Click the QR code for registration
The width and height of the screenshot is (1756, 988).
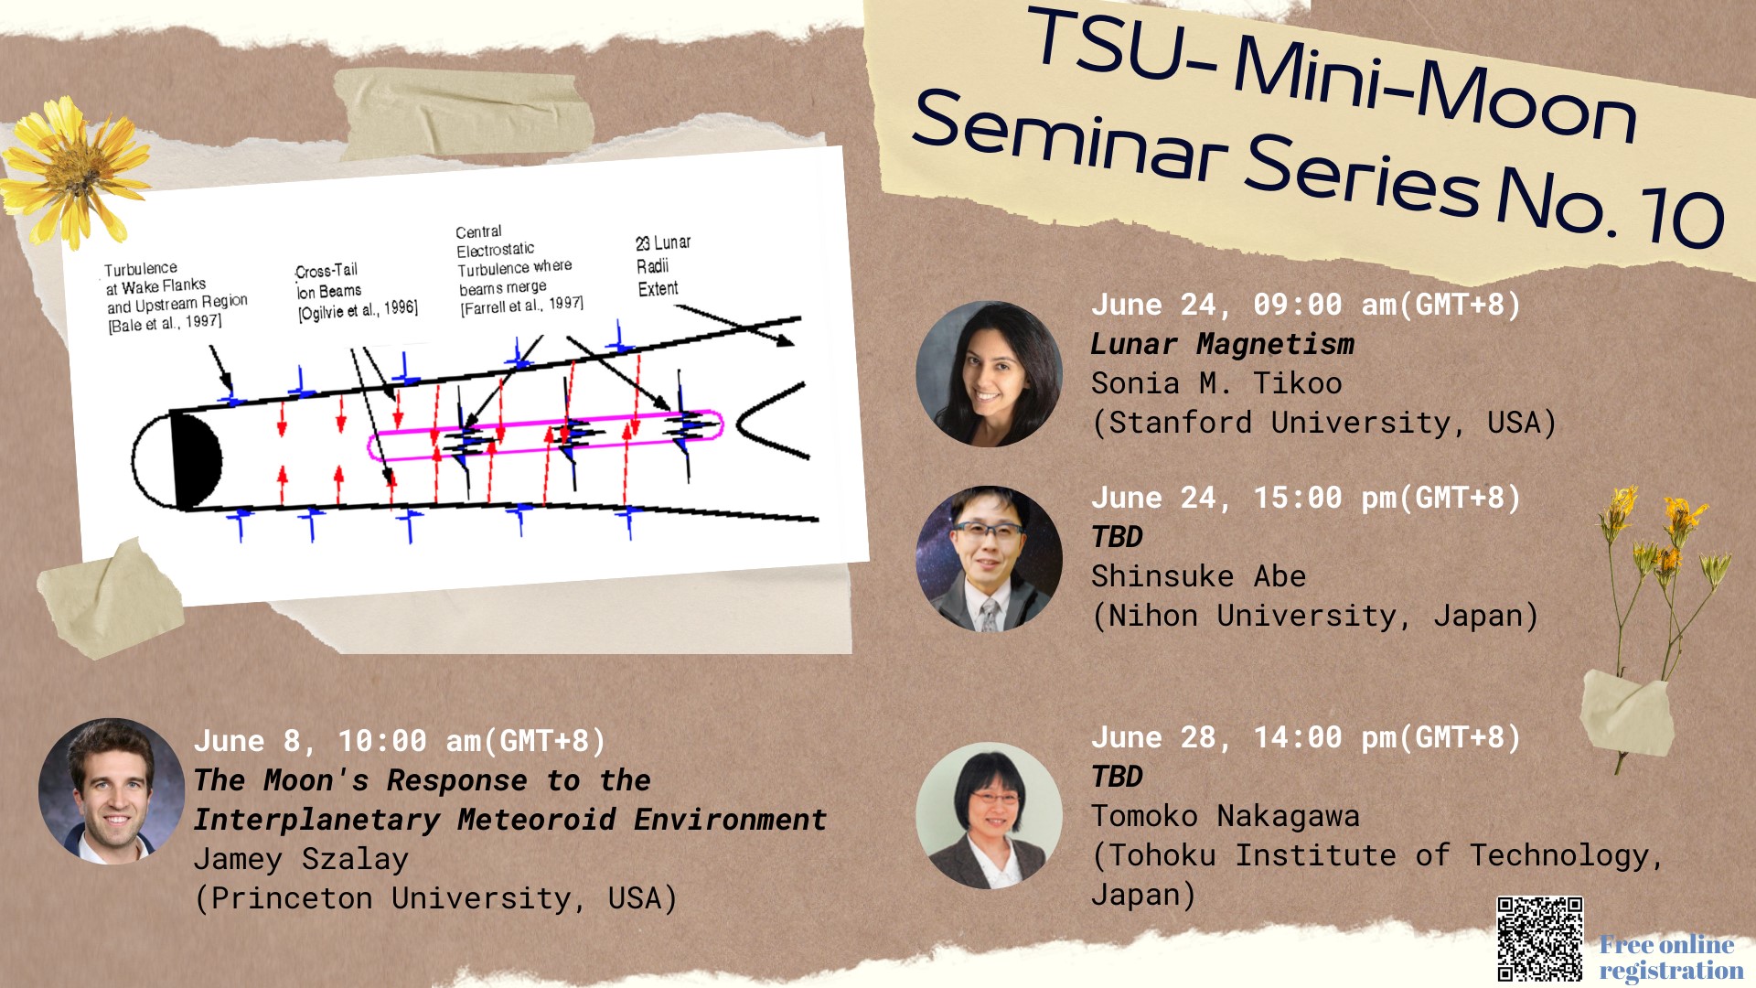1539,939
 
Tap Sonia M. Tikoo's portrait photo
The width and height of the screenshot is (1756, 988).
989,373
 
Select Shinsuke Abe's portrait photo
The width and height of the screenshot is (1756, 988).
989,559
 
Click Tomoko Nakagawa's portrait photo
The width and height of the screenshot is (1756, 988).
989,815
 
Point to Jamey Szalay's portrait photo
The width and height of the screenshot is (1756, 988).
112,791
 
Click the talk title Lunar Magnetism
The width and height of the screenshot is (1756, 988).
1222,344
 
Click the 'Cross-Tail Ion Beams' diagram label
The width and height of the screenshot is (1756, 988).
356,292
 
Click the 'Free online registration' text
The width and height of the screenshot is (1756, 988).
1671,957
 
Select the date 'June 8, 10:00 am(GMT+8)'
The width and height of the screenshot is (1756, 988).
400,741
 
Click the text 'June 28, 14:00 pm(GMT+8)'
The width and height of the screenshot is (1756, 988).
1306,737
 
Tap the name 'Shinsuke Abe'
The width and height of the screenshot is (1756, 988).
1198,576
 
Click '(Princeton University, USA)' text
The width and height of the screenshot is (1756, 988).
435,898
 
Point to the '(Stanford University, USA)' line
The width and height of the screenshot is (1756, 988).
1323,423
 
